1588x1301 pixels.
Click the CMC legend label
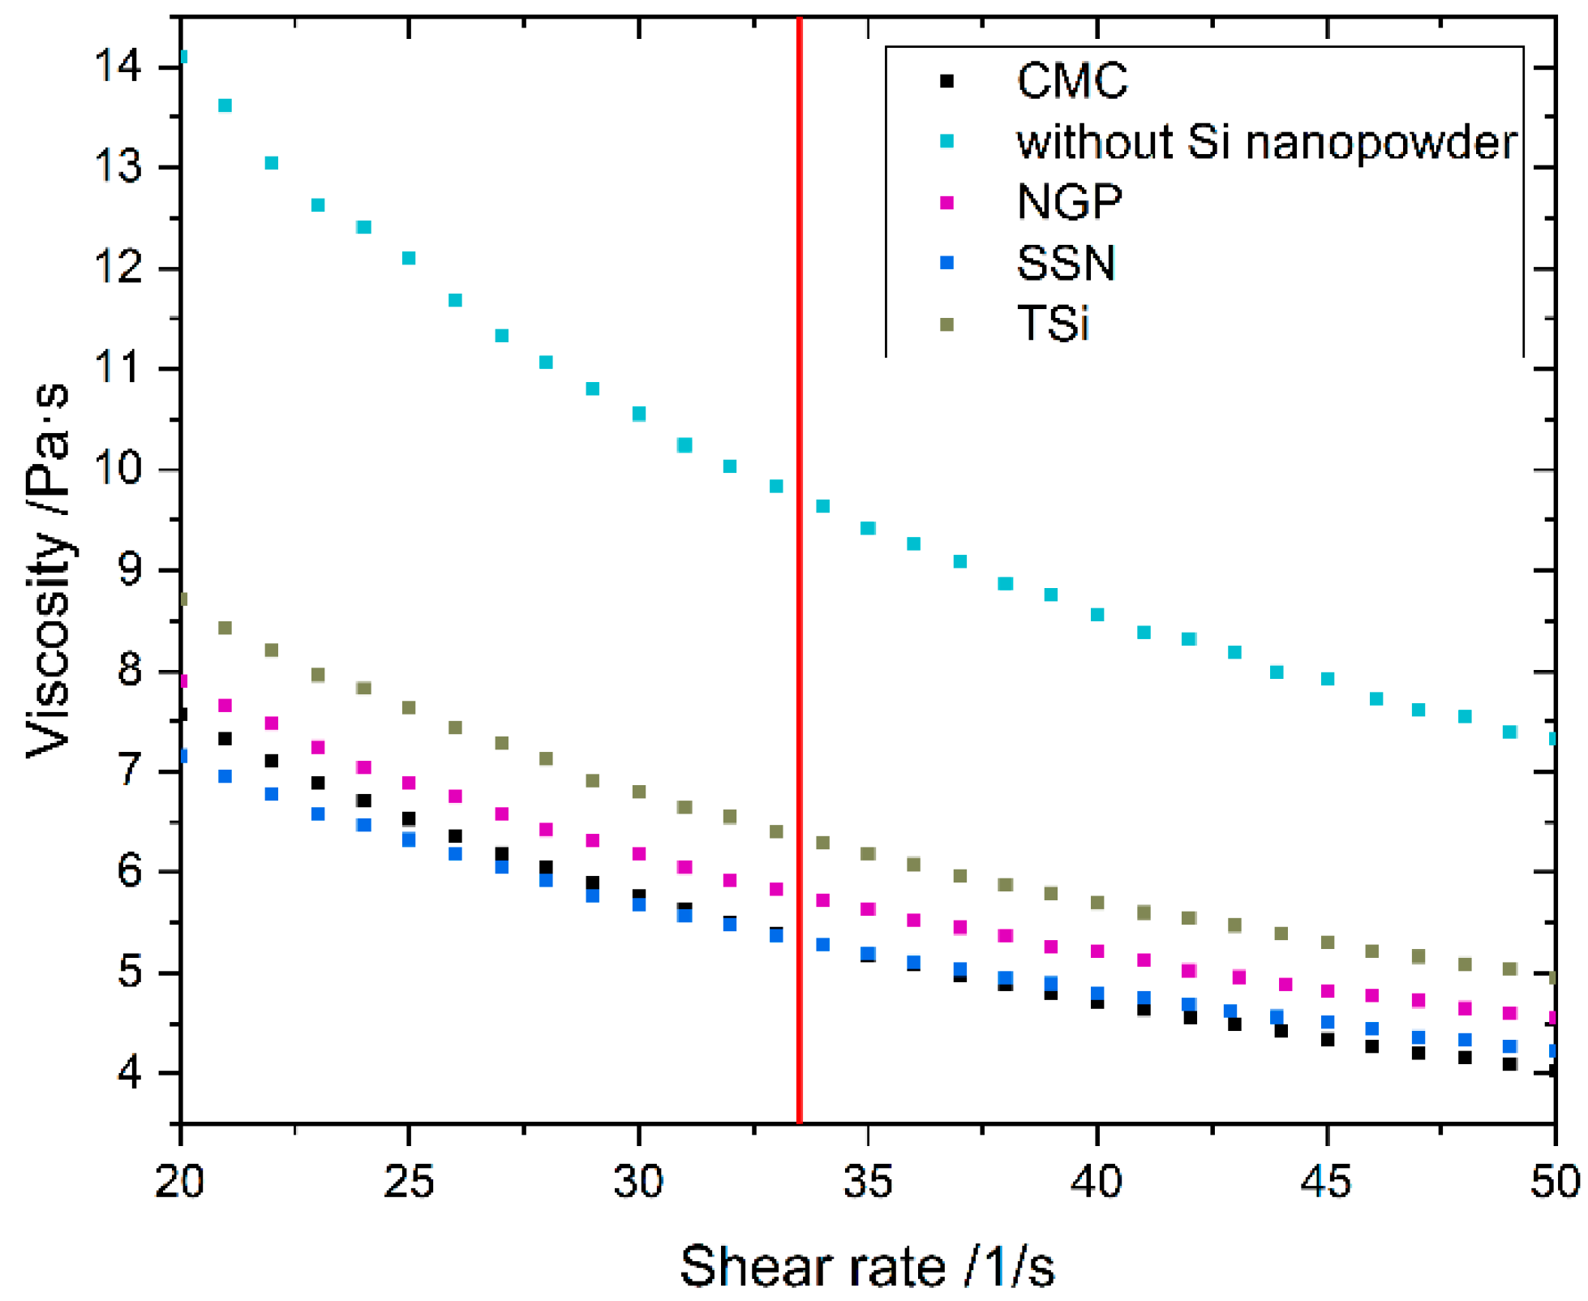click(x=1071, y=80)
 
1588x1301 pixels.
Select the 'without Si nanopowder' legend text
click(x=1266, y=142)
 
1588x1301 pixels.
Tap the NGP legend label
click(x=1069, y=201)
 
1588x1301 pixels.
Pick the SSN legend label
click(x=1066, y=262)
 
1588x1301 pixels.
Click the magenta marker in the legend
click(x=946, y=202)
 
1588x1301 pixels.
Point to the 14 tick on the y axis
click(x=118, y=66)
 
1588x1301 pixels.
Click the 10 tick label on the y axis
click(x=118, y=469)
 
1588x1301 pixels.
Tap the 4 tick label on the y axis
click(x=130, y=1072)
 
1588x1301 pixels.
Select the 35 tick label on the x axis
click(x=867, y=1181)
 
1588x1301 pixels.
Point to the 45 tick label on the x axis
click(x=1326, y=1181)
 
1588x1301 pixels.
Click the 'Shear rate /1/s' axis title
click(x=867, y=1266)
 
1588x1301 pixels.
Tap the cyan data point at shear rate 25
click(x=409, y=258)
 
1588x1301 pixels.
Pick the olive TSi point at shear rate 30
click(x=638, y=791)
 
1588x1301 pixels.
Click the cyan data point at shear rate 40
click(x=1097, y=614)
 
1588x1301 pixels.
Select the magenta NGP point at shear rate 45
click(x=1327, y=990)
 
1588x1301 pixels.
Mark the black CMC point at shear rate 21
click(x=225, y=738)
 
